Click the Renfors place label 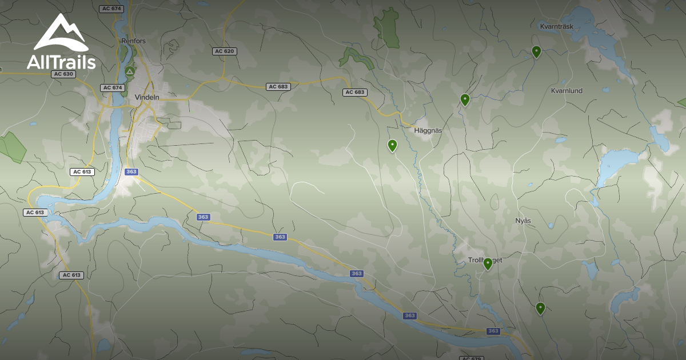[133, 41]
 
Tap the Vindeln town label [147, 97]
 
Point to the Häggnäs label [428, 130]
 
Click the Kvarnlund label [567, 91]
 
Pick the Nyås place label [523, 221]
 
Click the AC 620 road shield [225, 51]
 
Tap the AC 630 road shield [63, 74]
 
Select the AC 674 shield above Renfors [111, 9]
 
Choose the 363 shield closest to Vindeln [131, 171]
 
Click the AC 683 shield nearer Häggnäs [355, 92]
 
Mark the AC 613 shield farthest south [71, 275]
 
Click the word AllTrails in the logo [61, 62]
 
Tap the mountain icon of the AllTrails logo [61, 33]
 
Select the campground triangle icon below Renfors [130, 71]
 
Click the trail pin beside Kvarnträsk [536, 51]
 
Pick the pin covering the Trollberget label [488, 263]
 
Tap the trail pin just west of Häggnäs [392, 145]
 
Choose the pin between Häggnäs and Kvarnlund [465, 99]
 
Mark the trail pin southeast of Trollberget [540, 308]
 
